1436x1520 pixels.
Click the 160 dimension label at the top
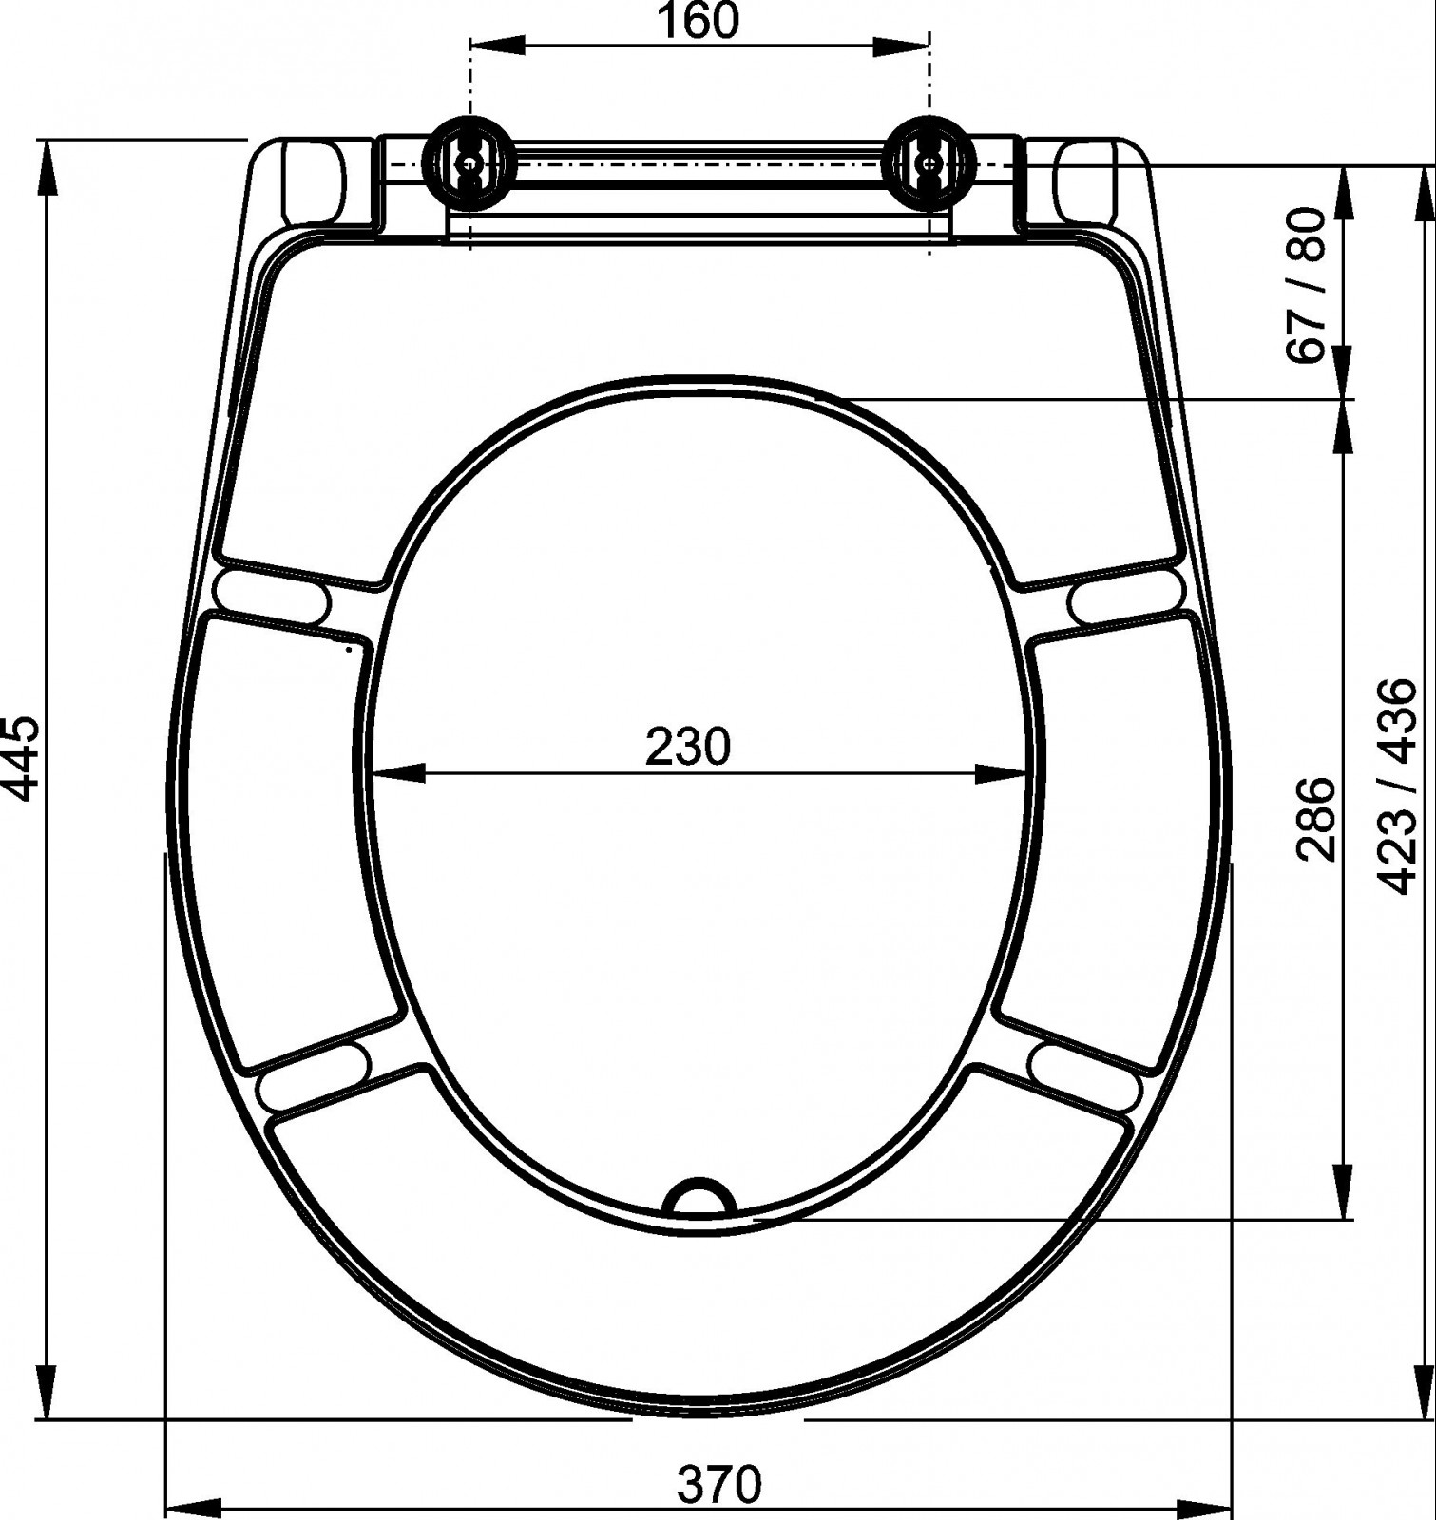(x=698, y=22)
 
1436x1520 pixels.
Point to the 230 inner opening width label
(x=688, y=746)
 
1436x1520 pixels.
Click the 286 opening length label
(x=1317, y=818)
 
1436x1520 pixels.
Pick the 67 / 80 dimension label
(x=1306, y=285)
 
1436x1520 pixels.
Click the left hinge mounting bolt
(x=469, y=162)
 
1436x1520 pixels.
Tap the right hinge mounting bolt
(x=929, y=162)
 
